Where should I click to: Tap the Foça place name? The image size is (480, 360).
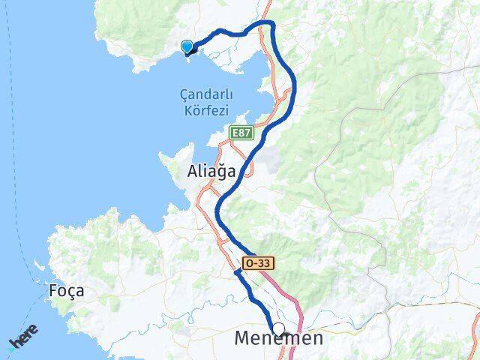coord(66,290)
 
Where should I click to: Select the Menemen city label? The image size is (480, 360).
coord(278,339)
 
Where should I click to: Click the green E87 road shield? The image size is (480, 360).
coord(241,133)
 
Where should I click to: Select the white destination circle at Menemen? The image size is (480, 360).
coord(279,328)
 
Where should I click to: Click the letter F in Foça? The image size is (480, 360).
coord(52,290)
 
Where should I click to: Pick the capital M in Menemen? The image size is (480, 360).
coord(242,339)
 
